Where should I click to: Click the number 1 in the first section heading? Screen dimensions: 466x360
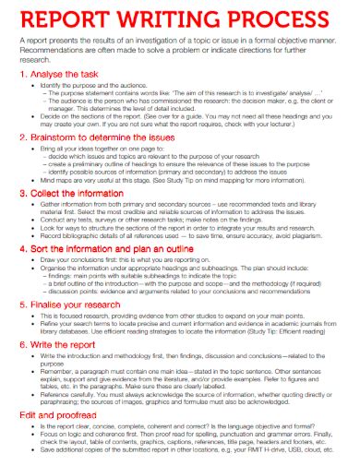23,71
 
